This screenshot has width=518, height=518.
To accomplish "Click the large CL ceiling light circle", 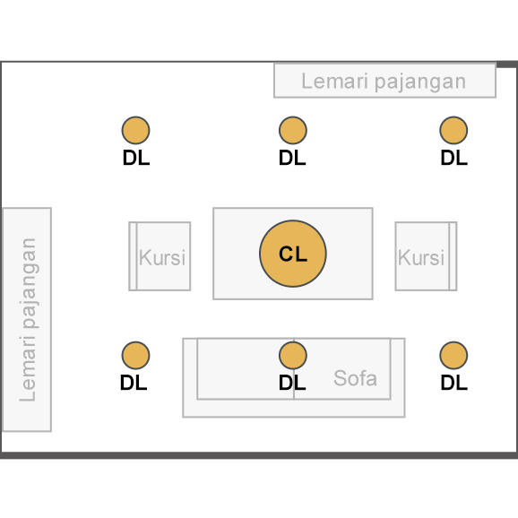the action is pos(293,254).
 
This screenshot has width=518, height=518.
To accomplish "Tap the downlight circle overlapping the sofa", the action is pos(293,355).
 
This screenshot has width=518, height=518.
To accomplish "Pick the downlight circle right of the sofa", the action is pos(453,355).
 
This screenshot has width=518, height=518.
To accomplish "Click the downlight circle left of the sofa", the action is pos(136,355).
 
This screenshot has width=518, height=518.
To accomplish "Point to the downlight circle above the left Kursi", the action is pos(136,130).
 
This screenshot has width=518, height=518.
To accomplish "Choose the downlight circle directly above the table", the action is pos(293,130).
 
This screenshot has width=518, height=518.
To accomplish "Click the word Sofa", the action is pos(355,378).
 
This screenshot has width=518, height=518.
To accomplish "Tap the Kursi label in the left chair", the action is pos(162,257).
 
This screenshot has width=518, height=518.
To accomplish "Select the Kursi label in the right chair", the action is pos(421,257).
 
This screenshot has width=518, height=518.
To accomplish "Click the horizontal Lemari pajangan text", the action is pos(384,82).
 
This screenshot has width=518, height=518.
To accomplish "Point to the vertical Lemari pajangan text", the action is pos(28,320).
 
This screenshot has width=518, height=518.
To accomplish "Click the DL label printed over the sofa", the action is pos(292,383).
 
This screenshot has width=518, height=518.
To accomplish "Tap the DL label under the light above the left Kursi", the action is pos(136,158).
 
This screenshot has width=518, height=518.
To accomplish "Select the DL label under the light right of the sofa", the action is pos(454,383).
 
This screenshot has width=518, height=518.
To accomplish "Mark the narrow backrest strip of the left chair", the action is pos(133,256).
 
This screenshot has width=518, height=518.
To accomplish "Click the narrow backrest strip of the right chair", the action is pos(453,256).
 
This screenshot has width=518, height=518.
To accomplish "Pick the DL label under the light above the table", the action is pos(292,158).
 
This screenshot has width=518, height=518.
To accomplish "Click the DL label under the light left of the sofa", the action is pos(134,383).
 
